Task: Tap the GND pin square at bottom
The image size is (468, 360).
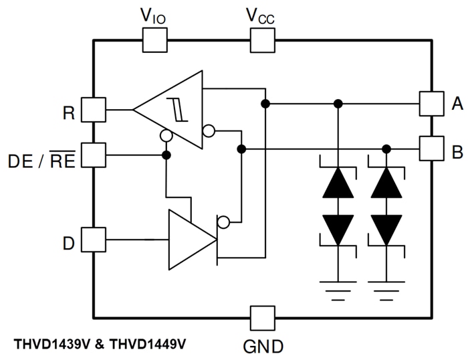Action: tap(261, 317)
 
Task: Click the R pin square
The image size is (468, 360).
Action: tap(93, 110)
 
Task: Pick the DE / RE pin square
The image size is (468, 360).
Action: tap(93, 155)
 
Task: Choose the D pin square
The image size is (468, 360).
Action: tap(93, 240)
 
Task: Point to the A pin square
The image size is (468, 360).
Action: tap(431, 103)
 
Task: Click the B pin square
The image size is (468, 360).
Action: tap(431, 149)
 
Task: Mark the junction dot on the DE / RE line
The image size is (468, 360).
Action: tap(166, 155)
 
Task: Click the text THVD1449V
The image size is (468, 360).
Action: tap(148, 344)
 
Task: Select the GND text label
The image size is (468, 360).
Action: tap(261, 346)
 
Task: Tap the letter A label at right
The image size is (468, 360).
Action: tap(457, 104)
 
